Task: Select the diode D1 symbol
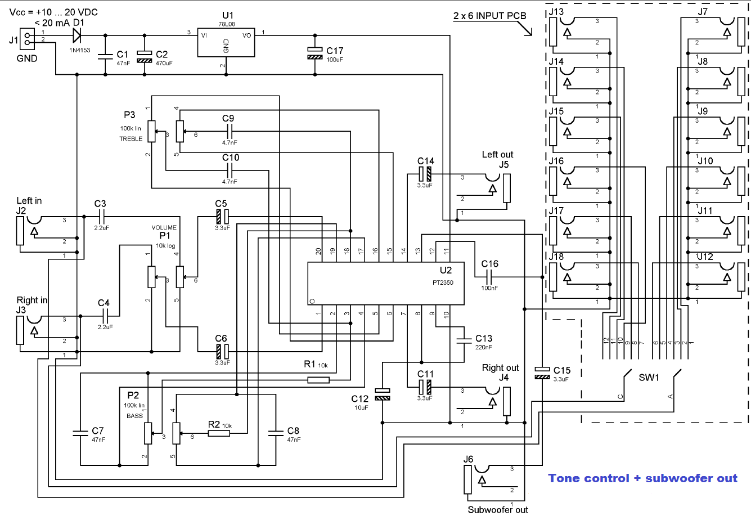point(77,35)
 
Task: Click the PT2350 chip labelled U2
point(385,283)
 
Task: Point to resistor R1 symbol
point(318,380)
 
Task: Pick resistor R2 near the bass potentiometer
point(214,433)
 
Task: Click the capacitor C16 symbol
point(489,276)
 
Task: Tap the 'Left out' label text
point(497,154)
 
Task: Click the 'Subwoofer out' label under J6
point(498,510)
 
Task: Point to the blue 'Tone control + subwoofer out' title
point(642,478)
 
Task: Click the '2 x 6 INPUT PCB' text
point(489,16)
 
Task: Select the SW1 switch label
point(649,378)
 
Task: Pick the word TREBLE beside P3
point(131,139)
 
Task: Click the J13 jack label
point(556,12)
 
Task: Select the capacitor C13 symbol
point(465,339)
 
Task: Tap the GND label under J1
point(27,59)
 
